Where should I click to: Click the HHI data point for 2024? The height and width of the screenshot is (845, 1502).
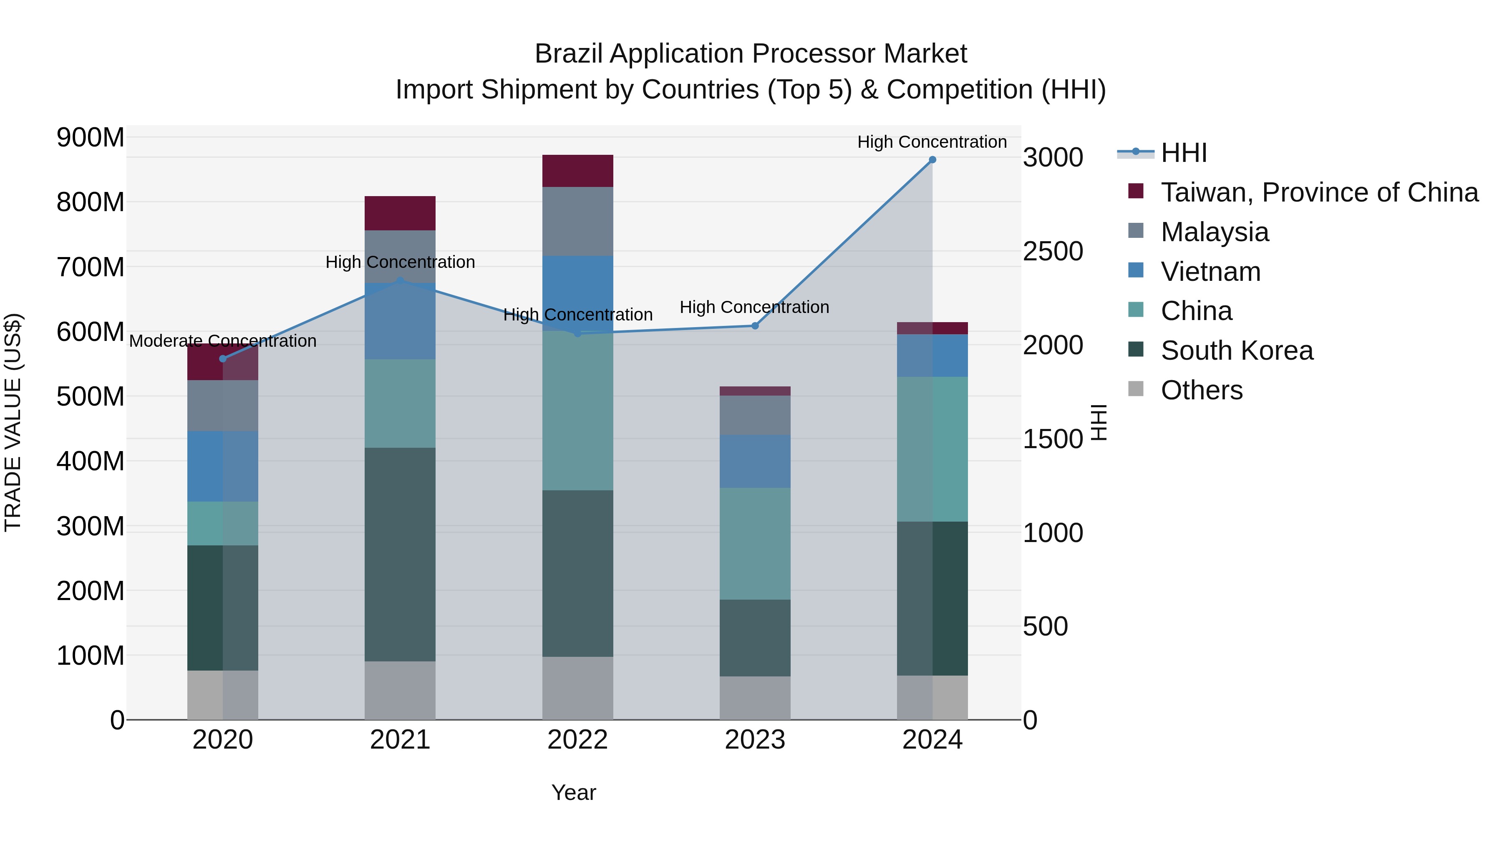click(932, 160)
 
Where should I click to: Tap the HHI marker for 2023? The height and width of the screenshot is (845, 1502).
click(754, 326)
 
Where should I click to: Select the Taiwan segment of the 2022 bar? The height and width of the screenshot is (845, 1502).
click(577, 171)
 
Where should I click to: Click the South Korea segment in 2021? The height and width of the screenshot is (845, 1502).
click(400, 554)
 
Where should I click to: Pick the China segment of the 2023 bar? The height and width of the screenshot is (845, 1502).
click(754, 543)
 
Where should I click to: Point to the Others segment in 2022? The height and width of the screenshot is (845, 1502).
click(577, 688)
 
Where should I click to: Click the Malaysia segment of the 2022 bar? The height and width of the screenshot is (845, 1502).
click(577, 222)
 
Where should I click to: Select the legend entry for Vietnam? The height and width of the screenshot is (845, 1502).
click(1210, 272)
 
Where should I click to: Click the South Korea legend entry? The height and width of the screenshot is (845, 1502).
click(1236, 351)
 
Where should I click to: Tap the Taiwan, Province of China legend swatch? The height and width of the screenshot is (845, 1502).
click(1136, 191)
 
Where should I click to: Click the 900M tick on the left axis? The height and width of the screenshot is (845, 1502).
click(91, 138)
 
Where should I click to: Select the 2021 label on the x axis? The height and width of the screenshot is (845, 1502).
click(400, 740)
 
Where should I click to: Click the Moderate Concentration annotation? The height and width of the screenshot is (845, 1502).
click(223, 341)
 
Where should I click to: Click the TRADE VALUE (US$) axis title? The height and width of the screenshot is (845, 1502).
click(13, 422)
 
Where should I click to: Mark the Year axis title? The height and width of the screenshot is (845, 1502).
click(574, 792)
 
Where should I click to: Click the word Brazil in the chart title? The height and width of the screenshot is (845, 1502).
click(569, 54)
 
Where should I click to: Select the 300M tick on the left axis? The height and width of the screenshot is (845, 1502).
click(91, 526)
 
